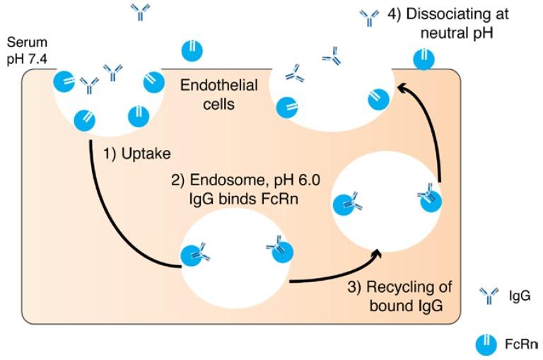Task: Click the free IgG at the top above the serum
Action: pos(140,11)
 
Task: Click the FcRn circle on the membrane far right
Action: pos(423,59)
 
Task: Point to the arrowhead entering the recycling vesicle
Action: pos(378,249)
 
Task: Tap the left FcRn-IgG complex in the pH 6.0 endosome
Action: pos(194,254)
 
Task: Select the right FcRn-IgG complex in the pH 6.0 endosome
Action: pos(278,250)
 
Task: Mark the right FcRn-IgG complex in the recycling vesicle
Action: pos(430,199)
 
